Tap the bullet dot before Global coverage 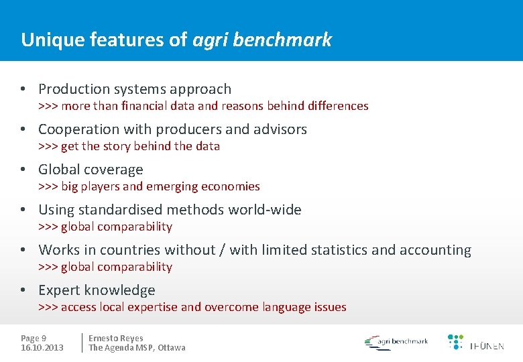tap(23, 170)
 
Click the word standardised tap(123, 210)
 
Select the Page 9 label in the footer tap(34, 339)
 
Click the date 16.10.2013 tap(42, 347)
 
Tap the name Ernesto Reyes tap(116, 339)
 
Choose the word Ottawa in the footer tap(172, 347)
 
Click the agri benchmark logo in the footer tap(396, 342)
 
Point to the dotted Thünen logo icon tap(455, 341)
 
